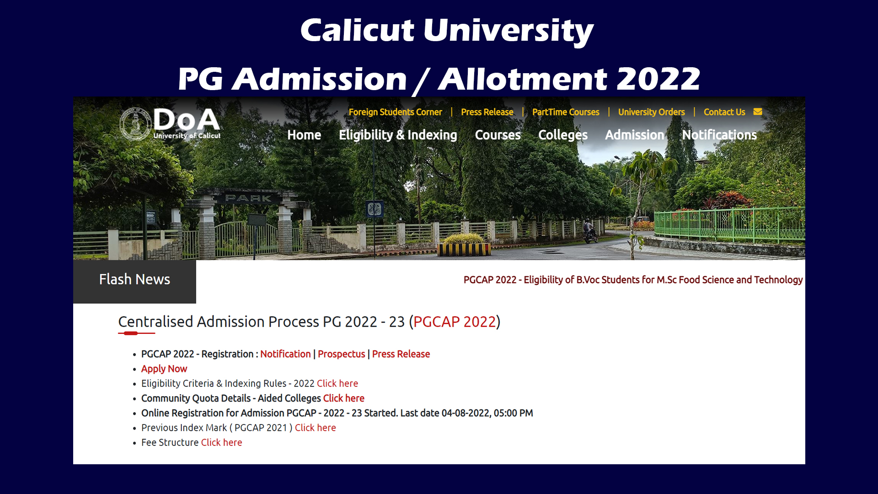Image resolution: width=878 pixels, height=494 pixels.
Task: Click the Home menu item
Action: [x=304, y=135]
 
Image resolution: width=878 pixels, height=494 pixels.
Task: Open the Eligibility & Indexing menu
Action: [x=398, y=135]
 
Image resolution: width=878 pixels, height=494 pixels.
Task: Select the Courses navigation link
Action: [x=498, y=135]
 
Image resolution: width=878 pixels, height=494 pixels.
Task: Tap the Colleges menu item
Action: [x=563, y=135]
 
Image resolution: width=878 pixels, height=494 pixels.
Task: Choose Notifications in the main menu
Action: [x=719, y=135]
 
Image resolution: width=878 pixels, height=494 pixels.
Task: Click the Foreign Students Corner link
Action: [x=396, y=112]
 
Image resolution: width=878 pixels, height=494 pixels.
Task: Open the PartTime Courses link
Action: [x=566, y=112]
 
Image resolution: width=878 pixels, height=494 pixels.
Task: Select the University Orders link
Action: [x=652, y=112]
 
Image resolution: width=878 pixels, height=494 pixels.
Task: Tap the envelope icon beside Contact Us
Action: [x=758, y=112]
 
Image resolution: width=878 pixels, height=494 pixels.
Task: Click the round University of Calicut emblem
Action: [x=135, y=124]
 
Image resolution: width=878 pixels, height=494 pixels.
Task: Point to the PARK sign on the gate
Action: [x=248, y=198]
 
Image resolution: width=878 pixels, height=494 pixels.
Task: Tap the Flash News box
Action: [x=134, y=280]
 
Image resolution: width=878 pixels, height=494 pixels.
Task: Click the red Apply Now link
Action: [x=164, y=369]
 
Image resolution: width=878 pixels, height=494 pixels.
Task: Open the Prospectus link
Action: [x=341, y=354]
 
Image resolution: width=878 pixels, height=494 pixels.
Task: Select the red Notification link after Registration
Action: [x=285, y=354]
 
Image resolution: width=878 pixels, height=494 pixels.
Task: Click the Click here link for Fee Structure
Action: [x=221, y=442]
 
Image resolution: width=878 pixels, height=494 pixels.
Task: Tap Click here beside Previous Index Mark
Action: [x=315, y=428]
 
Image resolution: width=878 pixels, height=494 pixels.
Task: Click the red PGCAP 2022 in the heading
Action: [x=455, y=322]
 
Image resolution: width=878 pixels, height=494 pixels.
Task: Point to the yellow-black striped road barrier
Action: [x=464, y=249]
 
